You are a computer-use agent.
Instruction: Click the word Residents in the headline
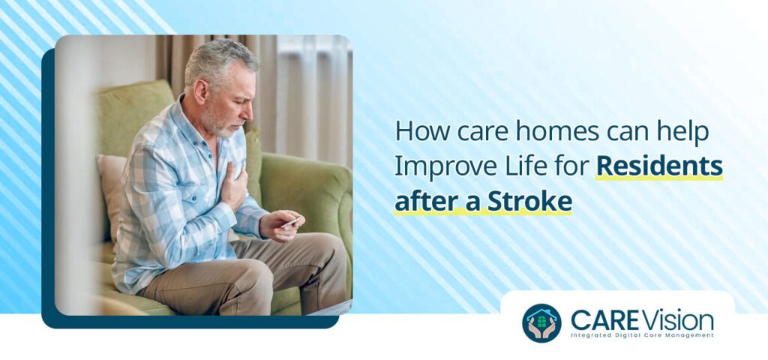point(659,166)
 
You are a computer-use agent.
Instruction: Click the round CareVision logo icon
point(541,322)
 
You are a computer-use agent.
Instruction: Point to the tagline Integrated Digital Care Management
point(642,335)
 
